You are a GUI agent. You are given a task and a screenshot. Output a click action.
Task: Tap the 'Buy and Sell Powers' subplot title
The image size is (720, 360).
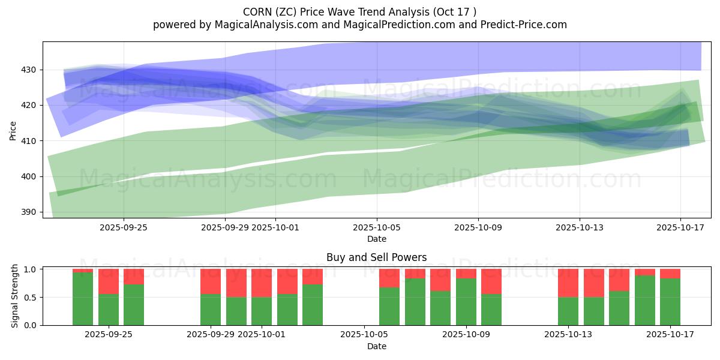click(376, 257)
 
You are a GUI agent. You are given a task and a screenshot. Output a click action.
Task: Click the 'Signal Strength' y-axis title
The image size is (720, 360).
click(14, 297)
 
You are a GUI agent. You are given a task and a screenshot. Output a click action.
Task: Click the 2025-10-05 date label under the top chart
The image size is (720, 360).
click(377, 227)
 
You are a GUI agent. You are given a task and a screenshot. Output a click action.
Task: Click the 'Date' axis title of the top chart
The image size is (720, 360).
click(377, 239)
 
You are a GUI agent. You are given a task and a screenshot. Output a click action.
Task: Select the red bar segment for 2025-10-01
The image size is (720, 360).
click(262, 283)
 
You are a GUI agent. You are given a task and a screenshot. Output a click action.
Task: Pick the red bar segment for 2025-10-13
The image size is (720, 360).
click(568, 283)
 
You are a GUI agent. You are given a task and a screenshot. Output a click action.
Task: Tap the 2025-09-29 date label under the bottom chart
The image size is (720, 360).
click(211, 335)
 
